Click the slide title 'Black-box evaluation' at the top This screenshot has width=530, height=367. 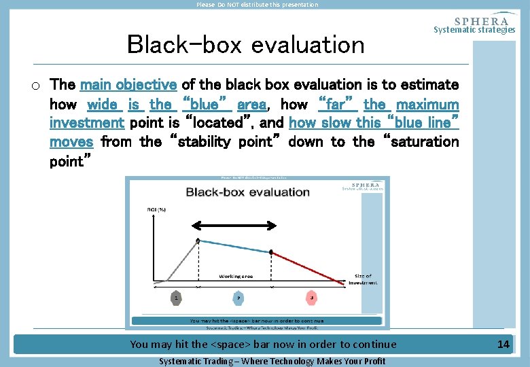click(246, 45)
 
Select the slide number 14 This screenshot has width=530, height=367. click(503, 345)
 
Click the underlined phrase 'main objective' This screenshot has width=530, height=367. click(128, 85)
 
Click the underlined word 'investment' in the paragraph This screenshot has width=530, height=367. click(86, 123)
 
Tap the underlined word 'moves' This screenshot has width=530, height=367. click(71, 142)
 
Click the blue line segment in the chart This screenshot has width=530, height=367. click(234, 246)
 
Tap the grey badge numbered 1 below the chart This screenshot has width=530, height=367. click(176, 297)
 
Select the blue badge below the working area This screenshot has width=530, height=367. click(237, 297)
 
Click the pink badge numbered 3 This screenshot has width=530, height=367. click(311, 297)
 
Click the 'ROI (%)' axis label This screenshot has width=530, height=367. click(158, 210)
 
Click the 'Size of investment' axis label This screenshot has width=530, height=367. click(363, 279)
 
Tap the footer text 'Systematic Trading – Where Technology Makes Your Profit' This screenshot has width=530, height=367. click(272, 361)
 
